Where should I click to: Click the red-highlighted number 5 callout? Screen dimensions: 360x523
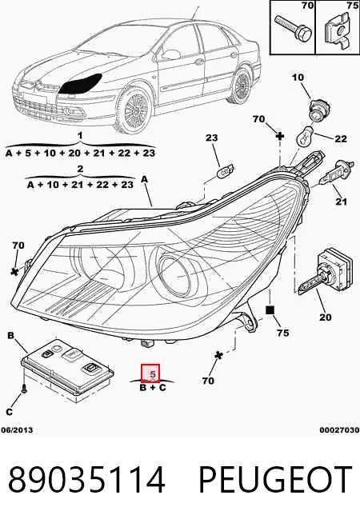point(150,373)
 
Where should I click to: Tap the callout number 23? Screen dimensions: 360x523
point(211,138)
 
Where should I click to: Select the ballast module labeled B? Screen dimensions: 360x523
point(67,366)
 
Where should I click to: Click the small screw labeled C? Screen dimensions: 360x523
point(25,388)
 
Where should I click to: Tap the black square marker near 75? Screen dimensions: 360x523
point(270,310)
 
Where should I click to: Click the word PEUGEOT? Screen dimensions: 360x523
point(275,480)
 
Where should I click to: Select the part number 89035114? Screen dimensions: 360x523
point(86,480)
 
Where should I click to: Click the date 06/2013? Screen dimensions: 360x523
point(17,429)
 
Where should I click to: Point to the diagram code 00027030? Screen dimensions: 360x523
point(339,430)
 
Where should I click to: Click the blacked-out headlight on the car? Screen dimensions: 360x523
point(80,83)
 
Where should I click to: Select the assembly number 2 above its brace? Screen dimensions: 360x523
point(80,169)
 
